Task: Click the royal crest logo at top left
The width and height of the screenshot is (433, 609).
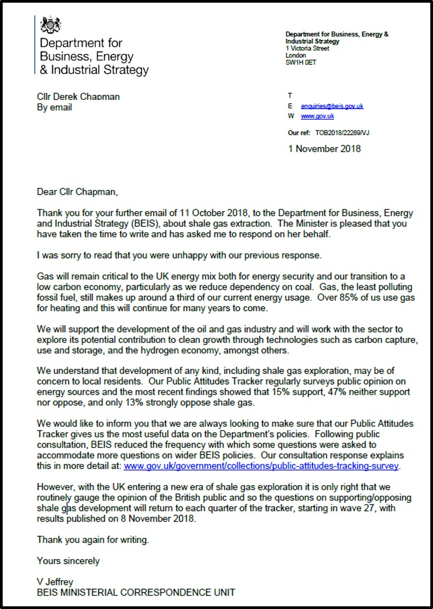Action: pyautogui.click(x=51, y=24)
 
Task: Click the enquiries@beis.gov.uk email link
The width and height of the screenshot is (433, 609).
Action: pyautogui.click(x=332, y=106)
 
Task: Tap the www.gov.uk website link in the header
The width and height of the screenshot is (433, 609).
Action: pyautogui.click(x=317, y=116)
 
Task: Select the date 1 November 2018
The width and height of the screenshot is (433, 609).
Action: pyautogui.click(x=324, y=149)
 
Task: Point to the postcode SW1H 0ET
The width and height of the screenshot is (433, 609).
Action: pyautogui.click(x=301, y=62)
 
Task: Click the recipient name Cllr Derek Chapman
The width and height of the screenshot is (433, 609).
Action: pyautogui.click(x=78, y=97)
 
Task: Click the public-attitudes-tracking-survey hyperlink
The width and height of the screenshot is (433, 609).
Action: pyautogui.click(x=261, y=466)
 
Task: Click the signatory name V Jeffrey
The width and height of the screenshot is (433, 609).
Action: pyautogui.click(x=55, y=582)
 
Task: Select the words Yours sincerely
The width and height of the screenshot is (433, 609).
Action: pyautogui.click(x=68, y=561)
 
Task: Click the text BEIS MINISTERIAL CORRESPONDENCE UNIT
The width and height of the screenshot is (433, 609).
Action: pyautogui.click(x=136, y=592)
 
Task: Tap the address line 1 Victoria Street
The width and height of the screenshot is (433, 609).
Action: pyautogui.click(x=307, y=48)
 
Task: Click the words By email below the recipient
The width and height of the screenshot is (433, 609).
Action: pyautogui.click(x=54, y=107)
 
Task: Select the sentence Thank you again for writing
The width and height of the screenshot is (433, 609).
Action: pyautogui.click(x=93, y=540)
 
